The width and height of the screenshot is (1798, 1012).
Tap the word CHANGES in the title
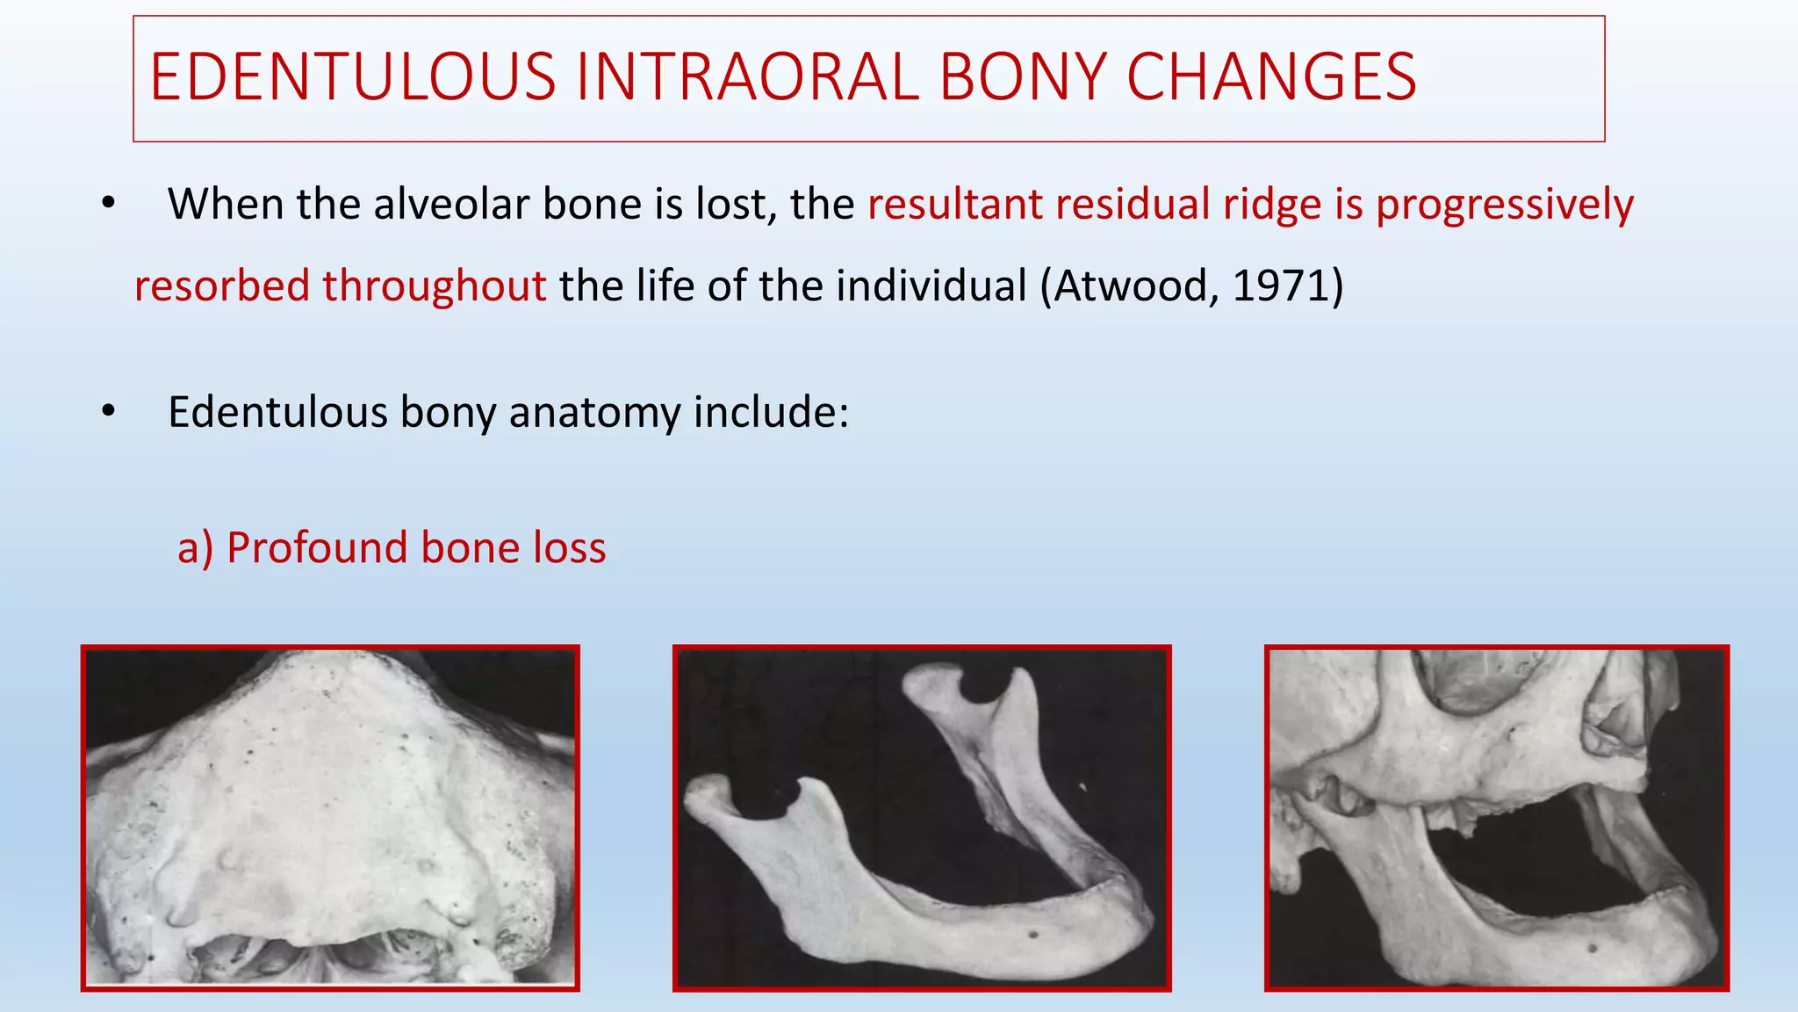tap(1271, 77)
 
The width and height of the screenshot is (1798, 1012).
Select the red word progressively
tap(1504, 206)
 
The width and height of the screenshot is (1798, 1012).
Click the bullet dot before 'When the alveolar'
tap(108, 204)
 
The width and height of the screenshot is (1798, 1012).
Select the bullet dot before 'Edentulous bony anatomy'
tap(108, 411)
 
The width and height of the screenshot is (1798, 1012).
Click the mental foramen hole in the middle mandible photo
tap(1032, 934)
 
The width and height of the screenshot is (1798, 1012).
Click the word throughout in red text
tap(435, 286)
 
